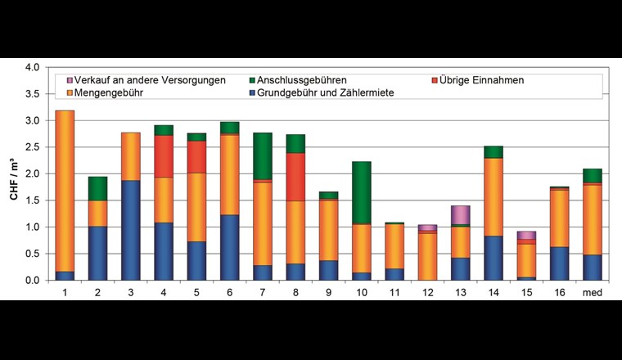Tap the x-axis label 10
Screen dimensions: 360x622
pyautogui.click(x=362, y=291)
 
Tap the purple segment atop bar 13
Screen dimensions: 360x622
pyautogui.click(x=461, y=214)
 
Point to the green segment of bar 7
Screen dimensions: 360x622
pyautogui.click(x=263, y=155)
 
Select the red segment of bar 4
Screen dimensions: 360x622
pyautogui.click(x=165, y=155)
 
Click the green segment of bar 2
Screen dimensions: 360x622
pyautogui.click(x=98, y=188)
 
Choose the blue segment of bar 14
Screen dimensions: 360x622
pyautogui.click(x=494, y=258)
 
